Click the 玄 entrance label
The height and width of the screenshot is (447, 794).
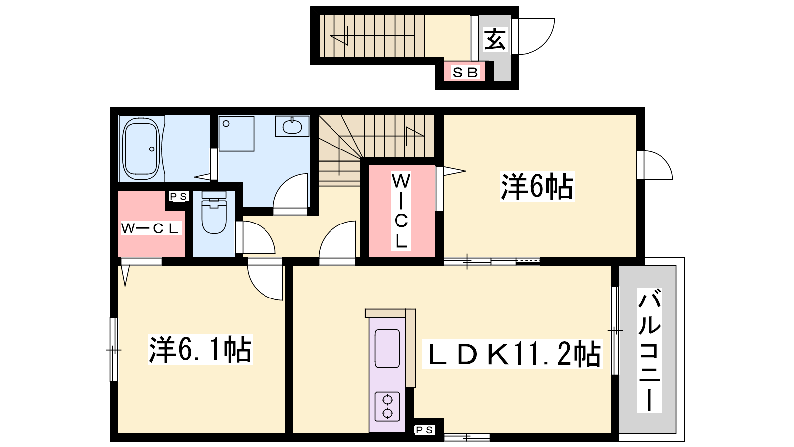pos(495,39)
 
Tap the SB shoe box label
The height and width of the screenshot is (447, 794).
pos(465,73)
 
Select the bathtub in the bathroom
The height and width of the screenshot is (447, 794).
pos(141,149)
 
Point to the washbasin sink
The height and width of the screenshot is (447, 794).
pos(292,126)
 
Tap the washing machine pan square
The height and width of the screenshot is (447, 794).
pos(236,134)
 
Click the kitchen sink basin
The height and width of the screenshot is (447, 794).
pos(387,348)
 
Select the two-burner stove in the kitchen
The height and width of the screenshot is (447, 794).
pos(387,407)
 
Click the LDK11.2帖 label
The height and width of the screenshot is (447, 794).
pos(512,353)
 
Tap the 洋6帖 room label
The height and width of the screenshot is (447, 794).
pos(536,186)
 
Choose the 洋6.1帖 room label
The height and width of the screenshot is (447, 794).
pos(200,350)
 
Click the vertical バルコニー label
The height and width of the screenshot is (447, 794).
pos(650,350)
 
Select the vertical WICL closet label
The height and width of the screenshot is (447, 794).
pos(401,212)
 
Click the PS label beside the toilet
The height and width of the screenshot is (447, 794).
pos(178,196)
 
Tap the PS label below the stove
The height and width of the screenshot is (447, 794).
pos(424,430)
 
